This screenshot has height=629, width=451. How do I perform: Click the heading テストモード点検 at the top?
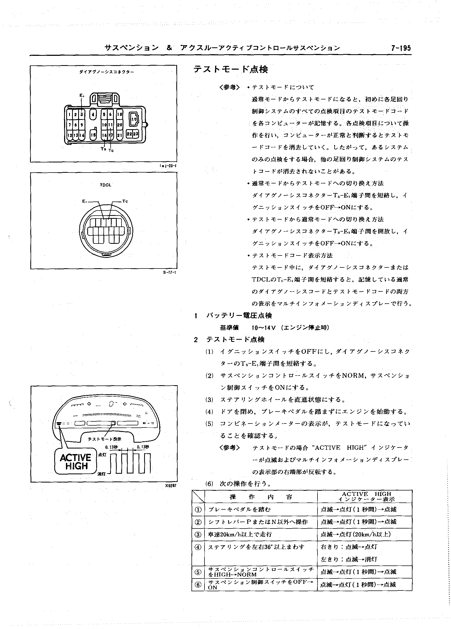tap(231, 69)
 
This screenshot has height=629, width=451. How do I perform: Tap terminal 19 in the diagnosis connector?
tap(134, 120)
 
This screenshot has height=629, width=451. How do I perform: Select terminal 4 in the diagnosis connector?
tap(93, 114)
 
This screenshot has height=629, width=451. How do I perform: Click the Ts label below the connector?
tap(103, 149)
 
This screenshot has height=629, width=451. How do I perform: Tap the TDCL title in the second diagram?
tap(105, 185)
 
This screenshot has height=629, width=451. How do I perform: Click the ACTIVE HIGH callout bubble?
tap(76, 462)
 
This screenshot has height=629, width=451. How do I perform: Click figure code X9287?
tap(170, 486)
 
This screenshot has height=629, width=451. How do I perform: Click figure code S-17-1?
tap(169, 272)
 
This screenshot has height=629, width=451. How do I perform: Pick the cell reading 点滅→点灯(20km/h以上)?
tap(356, 534)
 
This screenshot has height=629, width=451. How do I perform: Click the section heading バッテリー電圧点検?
tap(239, 316)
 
